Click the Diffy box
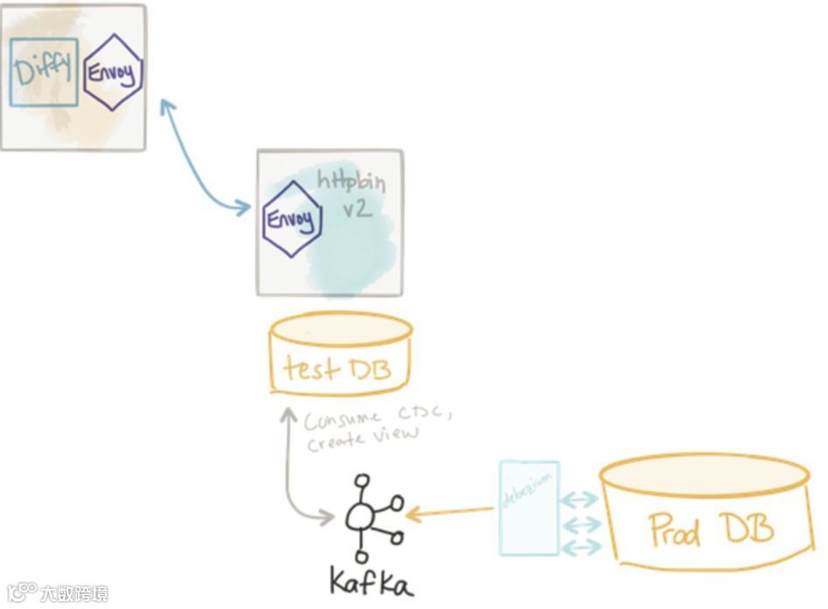pos(44,72)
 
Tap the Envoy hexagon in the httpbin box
pos(292,219)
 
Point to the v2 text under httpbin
pos(358,211)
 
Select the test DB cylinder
pos(340,354)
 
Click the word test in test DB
pos(312,368)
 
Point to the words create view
pos(362,437)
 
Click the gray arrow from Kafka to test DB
pos(289,472)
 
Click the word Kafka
pos(370,580)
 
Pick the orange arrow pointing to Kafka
pos(450,512)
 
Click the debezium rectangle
pos(529,507)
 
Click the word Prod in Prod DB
pos(675,529)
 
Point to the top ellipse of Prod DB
pos(704,472)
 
